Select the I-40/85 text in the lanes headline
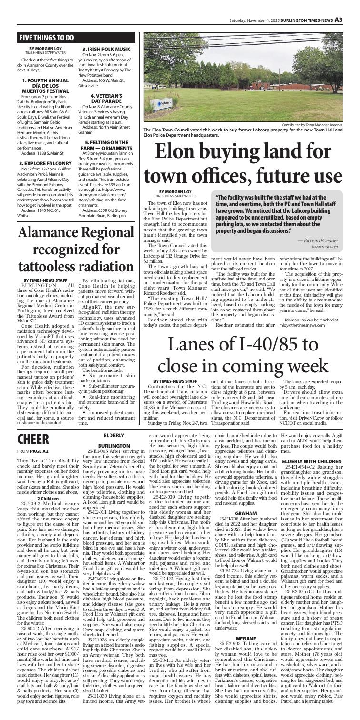271,353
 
